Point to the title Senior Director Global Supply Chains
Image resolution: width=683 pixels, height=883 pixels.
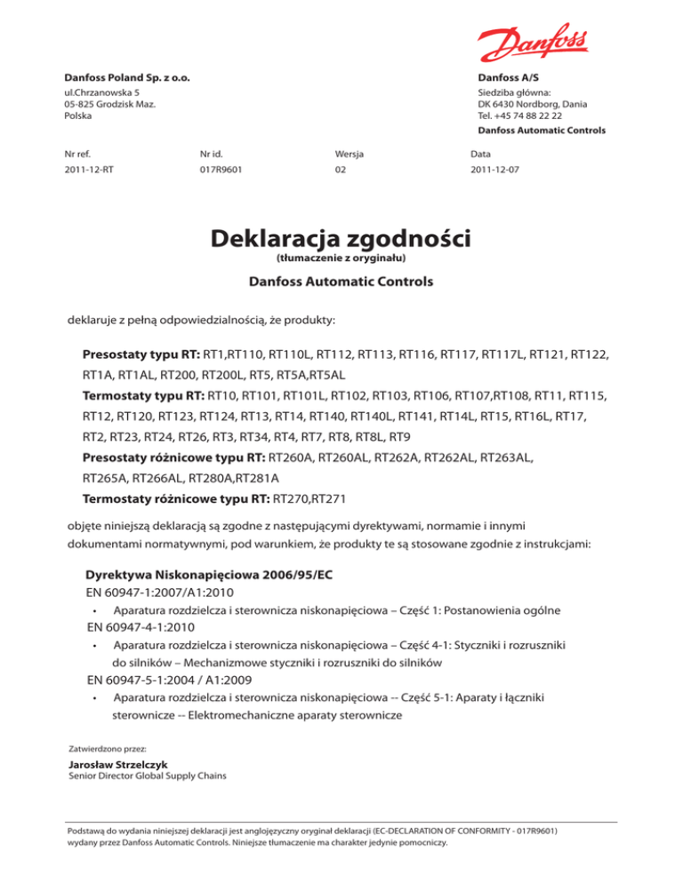(x=147, y=776)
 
